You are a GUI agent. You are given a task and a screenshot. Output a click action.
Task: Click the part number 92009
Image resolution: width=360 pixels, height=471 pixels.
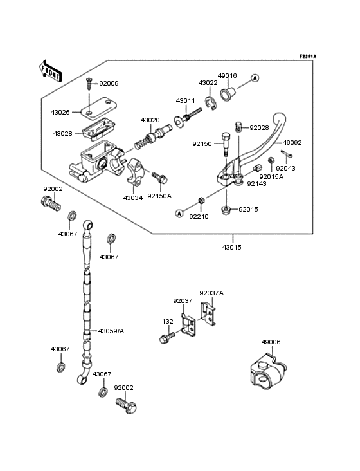click(x=109, y=84)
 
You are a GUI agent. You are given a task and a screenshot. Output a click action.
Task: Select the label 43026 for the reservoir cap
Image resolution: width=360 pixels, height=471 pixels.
click(x=60, y=112)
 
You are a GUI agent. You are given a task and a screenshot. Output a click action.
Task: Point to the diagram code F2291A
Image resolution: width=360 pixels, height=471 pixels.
click(x=307, y=57)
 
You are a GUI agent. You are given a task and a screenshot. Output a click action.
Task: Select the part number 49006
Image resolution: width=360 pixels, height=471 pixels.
click(x=271, y=342)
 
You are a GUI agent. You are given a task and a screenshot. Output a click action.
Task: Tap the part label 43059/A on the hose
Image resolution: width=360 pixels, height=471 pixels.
click(x=111, y=331)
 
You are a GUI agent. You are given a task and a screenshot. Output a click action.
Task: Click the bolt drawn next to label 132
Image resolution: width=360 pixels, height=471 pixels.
click(x=167, y=336)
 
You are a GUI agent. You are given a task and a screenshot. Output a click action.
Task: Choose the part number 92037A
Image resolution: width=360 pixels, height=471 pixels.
click(x=212, y=293)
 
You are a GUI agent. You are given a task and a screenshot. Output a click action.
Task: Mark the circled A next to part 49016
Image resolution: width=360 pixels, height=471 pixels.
click(x=255, y=78)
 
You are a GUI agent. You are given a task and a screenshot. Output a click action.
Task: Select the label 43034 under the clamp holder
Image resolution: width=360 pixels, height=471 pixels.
click(x=133, y=198)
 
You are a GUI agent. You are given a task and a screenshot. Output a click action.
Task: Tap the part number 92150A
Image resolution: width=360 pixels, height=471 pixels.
click(x=159, y=196)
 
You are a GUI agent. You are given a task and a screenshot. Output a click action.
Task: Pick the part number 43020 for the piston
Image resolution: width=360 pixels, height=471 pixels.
click(x=150, y=120)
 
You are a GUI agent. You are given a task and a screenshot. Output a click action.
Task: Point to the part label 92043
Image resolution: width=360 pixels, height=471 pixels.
click(x=286, y=168)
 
